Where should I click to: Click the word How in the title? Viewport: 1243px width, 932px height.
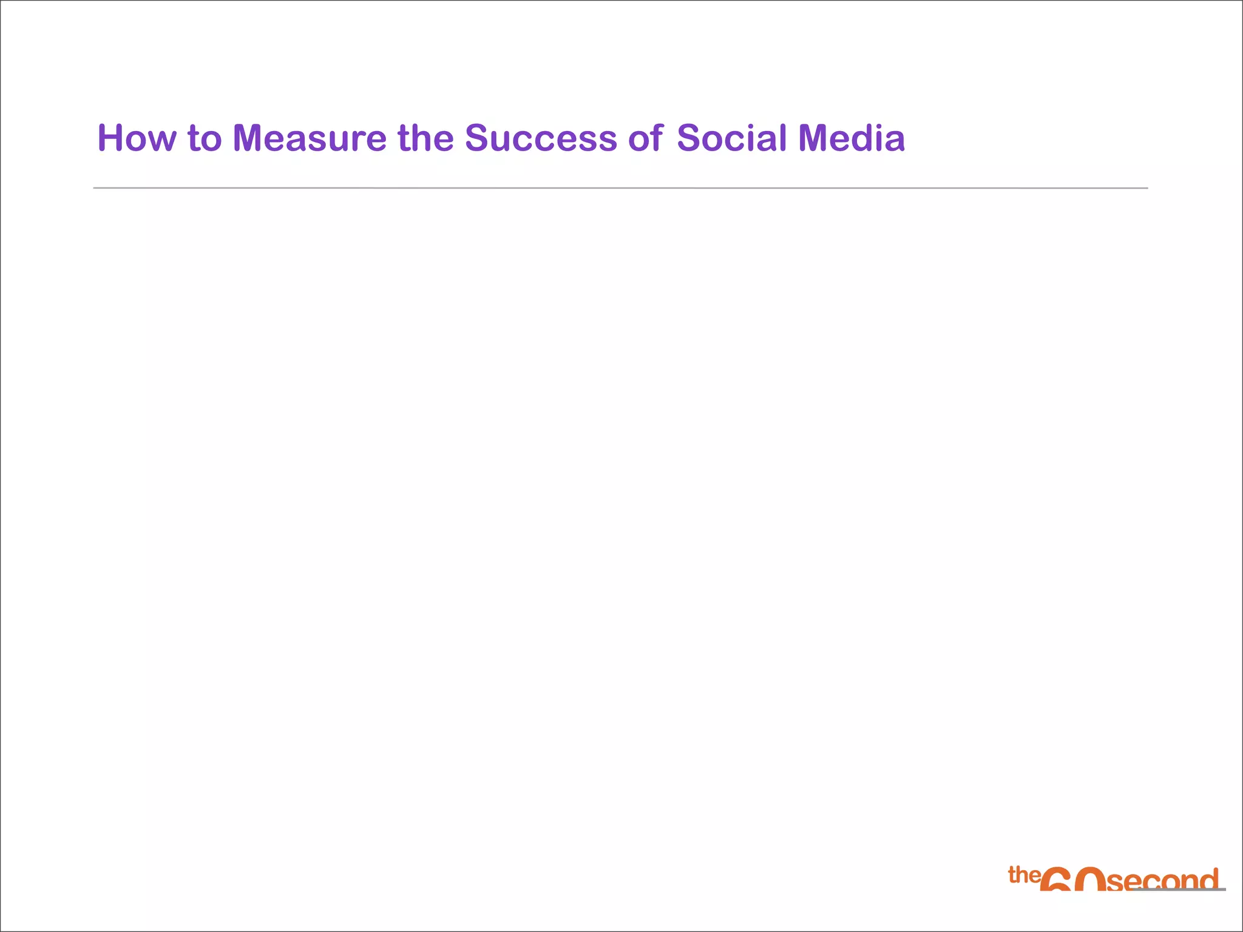tap(137, 138)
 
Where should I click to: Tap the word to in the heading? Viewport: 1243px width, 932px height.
tap(205, 138)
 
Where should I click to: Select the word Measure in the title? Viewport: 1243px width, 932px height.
tap(310, 138)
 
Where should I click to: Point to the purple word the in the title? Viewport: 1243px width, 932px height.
tap(425, 138)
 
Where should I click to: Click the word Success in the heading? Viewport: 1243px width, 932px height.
tap(541, 138)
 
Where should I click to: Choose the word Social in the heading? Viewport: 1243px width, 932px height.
tap(731, 138)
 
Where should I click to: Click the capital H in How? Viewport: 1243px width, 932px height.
tap(111, 138)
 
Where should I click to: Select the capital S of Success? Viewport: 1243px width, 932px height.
tap(477, 138)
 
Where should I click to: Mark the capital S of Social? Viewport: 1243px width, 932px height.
tap(689, 138)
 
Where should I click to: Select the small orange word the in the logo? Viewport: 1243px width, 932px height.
tap(1024, 875)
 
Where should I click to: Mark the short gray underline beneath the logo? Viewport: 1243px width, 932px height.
tap(1177, 890)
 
